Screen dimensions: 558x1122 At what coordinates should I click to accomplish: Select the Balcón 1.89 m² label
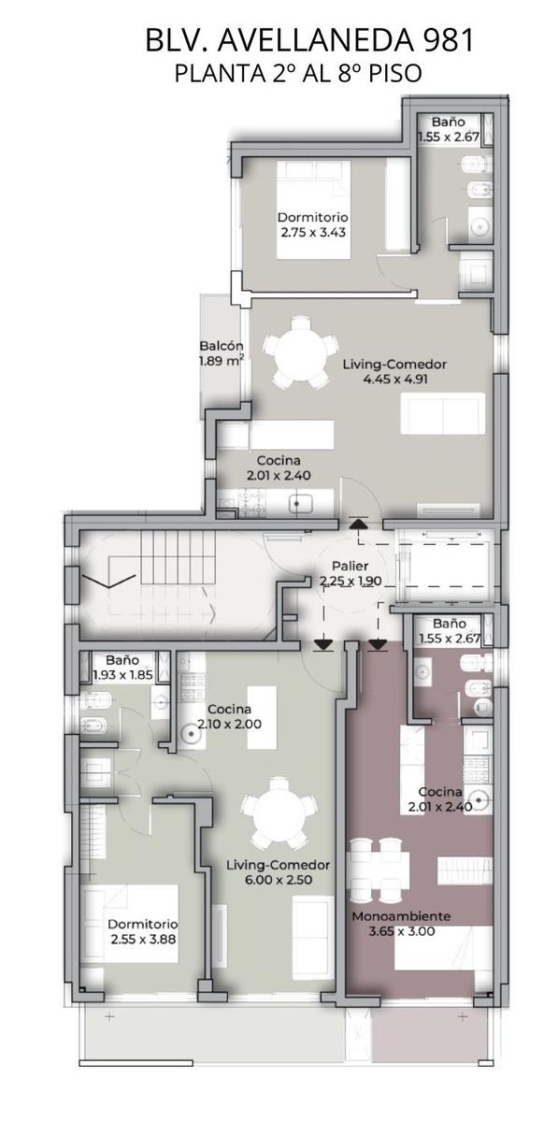[222, 353]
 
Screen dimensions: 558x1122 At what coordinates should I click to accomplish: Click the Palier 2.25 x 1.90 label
[351, 573]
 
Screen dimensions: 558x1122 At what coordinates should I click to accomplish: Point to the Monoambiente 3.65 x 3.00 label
[402, 924]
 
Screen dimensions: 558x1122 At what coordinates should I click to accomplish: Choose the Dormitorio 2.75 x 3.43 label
[313, 225]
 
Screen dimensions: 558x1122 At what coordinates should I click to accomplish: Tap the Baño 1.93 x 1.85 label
[122, 668]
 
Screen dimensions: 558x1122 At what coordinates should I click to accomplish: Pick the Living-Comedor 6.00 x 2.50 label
[279, 872]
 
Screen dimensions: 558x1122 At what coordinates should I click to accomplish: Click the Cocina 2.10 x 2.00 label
[229, 716]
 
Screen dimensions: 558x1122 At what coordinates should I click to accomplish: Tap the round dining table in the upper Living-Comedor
[300, 352]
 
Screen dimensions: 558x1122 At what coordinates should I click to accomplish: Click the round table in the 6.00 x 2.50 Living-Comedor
[278, 818]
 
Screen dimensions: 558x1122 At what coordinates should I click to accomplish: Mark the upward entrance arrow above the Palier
[357, 524]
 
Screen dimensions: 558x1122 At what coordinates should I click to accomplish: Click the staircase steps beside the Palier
[178, 557]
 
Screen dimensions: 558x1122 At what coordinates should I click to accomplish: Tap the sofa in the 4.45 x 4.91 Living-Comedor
[443, 413]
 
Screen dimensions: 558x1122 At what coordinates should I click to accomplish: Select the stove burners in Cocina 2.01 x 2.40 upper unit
[252, 502]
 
